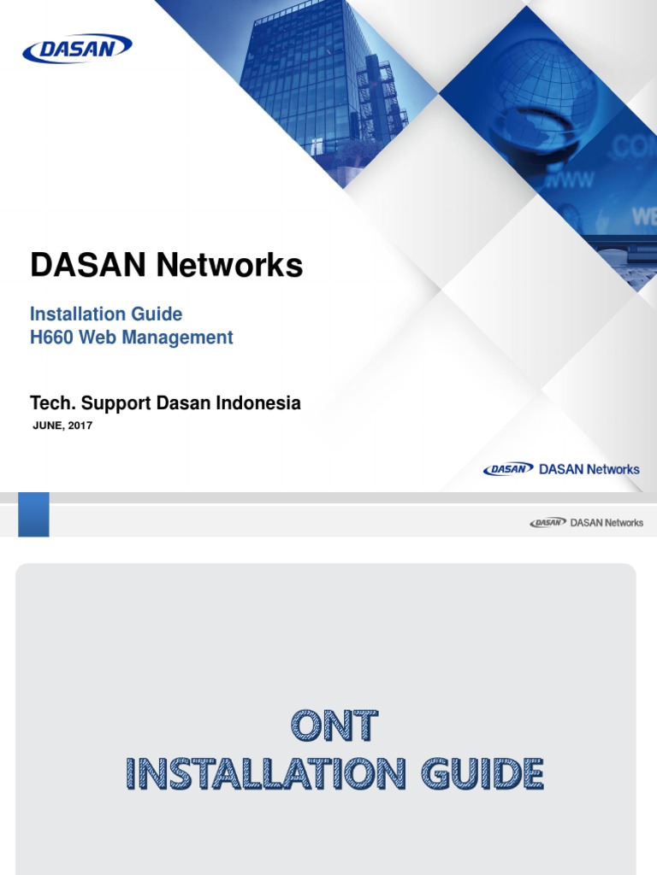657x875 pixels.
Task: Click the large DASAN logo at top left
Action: point(77,49)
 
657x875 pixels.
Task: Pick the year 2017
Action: point(80,426)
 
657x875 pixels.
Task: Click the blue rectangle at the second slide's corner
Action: point(33,514)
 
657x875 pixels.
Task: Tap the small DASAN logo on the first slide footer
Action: point(508,469)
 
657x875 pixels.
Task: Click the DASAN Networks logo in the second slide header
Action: point(586,522)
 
